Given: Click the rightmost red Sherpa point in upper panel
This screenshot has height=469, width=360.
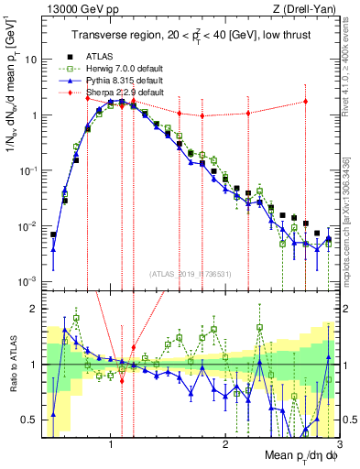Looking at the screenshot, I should click(306, 102).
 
